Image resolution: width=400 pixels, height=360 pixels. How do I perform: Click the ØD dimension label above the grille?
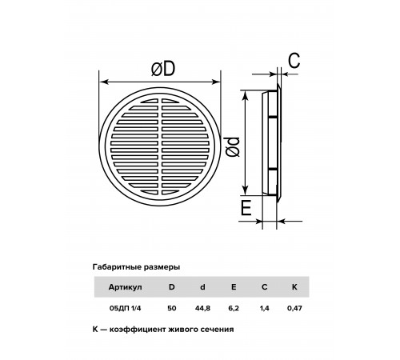tap(163, 69)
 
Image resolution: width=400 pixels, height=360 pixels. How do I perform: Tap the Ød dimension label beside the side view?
tap(232, 146)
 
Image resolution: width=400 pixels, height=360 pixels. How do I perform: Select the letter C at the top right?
tap(294, 61)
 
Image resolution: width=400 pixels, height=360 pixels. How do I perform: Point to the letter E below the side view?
tap(246, 208)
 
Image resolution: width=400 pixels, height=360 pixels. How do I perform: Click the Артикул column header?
tap(125, 287)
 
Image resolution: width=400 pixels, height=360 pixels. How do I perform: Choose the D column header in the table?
tap(172, 287)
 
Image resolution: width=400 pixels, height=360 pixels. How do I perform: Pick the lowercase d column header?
tap(202, 287)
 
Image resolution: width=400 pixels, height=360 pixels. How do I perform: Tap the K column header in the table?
tap(294, 287)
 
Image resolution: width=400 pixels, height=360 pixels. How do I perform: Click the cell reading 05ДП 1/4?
tap(125, 308)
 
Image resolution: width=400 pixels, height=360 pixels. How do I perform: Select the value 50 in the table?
tap(172, 308)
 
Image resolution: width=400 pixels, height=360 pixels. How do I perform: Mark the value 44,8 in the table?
tap(202, 308)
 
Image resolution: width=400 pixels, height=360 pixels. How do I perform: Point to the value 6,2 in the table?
tap(234, 308)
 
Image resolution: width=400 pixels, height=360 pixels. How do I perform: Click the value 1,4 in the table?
tap(265, 308)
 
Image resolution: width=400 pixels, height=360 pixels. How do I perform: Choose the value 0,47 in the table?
tap(294, 308)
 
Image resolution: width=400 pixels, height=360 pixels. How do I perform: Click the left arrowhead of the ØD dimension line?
tap(103, 82)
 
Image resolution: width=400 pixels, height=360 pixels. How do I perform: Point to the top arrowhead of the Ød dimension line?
tap(246, 94)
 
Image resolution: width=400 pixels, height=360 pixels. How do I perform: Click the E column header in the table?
tap(234, 287)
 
